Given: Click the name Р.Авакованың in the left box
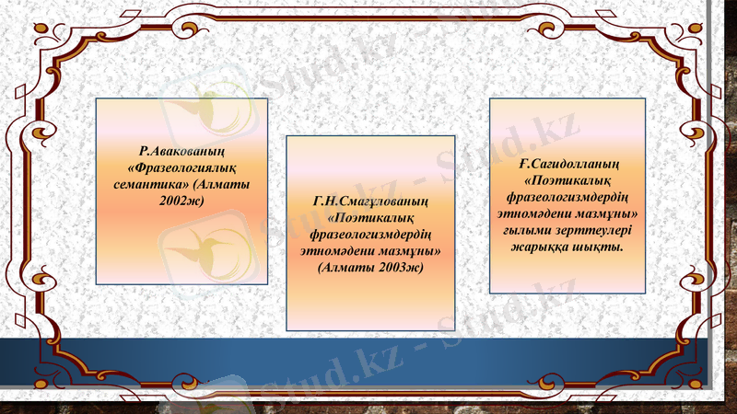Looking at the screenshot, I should (182, 151).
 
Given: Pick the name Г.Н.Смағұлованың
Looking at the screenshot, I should (369, 202).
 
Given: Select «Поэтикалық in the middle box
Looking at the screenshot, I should (369, 219).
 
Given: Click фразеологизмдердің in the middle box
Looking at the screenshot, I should (369, 235).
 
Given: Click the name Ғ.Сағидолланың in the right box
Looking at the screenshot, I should (567, 165).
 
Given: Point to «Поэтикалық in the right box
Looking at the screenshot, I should (567, 180).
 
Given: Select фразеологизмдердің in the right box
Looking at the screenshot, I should (567, 197).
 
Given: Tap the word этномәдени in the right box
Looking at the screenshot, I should (535, 213).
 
